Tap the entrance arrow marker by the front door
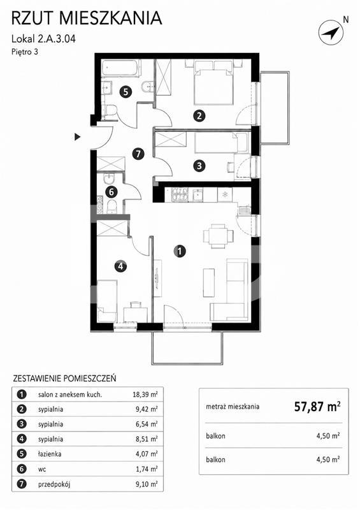point(77,137)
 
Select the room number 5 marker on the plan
point(126,92)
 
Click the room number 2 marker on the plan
point(199,115)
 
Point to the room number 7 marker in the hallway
point(138,154)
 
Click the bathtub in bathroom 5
point(121,69)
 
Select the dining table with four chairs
point(218,236)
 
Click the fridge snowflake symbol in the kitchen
point(225,195)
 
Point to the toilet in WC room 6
point(112,207)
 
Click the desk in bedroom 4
point(136,314)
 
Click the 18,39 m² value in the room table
point(145,395)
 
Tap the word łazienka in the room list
point(50,454)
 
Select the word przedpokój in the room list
point(54,484)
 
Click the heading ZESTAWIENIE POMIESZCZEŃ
point(64,378)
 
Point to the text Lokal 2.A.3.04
point(43,39)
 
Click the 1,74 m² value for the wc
point(147,469)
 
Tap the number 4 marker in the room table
point(22,439)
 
